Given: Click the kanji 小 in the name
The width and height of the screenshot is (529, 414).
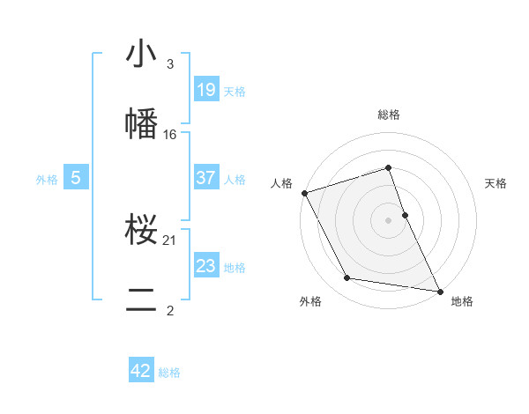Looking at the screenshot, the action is [142, 55].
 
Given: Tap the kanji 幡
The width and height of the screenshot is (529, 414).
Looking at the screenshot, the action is [142, 123].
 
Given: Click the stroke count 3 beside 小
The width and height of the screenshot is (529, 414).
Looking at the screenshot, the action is [170, 64].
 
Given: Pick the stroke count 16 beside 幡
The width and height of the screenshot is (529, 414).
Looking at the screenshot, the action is [170, 134].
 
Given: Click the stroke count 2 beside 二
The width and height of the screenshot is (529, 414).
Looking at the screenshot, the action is [170, 310].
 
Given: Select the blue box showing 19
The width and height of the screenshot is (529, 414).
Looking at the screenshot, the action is [205, 89].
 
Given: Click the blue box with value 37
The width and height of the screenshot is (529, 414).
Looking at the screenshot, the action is [205, 177].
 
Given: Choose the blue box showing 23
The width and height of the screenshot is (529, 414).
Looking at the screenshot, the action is [205, 265].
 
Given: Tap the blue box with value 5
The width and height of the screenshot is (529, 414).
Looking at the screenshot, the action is [76, 177].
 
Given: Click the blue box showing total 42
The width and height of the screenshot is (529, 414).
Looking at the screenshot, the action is [141, 371].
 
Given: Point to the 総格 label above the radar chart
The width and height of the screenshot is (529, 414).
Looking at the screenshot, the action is [389, 115].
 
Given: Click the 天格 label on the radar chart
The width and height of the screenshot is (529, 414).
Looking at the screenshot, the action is [495, 183].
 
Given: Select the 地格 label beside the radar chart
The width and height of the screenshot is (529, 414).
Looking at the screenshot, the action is [462, 302].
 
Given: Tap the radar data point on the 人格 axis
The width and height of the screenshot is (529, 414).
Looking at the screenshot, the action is [304, 193].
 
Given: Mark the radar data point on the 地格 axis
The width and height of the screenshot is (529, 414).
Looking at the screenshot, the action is [439, 290].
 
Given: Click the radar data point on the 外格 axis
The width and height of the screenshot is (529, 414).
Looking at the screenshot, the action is [347, 278].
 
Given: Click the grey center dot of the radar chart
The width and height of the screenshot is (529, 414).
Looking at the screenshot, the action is [389, 220].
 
